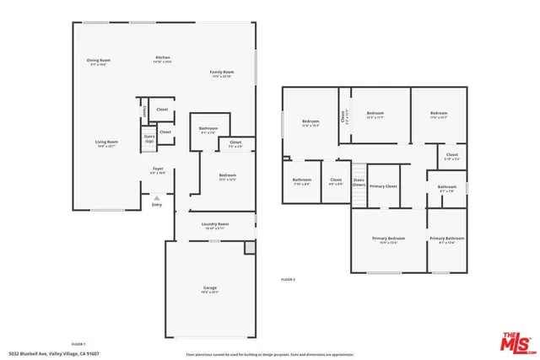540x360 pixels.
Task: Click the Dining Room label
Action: (99, 62)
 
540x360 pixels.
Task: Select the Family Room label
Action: (222, 74)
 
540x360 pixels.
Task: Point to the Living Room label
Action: (105, 143)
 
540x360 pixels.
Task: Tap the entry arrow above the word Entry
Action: (156, 197)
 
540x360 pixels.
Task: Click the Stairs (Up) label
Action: (149, 137)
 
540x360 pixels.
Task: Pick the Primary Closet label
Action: (382, 186)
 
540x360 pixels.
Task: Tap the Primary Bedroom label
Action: (389, 240)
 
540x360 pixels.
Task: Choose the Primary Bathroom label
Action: (447, 240)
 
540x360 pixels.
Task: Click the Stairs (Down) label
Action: (359, 182)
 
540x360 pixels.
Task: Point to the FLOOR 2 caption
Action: (289, 279)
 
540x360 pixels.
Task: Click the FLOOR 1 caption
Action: (78, 344)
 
